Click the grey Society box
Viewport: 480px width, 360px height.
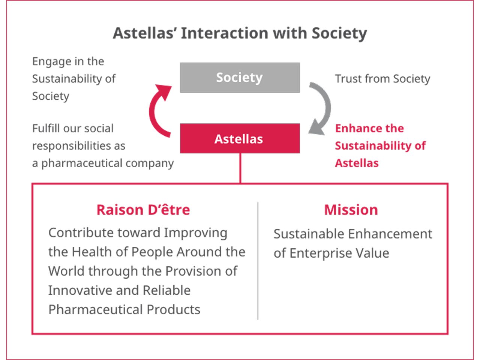[240, 78]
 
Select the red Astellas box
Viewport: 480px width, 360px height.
[240, 138]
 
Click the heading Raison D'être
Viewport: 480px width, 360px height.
[143, 210]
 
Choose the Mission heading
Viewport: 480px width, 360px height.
[351, 210]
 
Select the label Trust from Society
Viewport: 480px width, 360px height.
[382, 79]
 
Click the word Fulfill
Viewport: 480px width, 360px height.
[46, 128]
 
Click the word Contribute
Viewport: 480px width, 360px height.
[81, 232]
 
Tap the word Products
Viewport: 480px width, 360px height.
[173, 309]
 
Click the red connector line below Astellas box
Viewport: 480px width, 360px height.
[240, 168]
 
